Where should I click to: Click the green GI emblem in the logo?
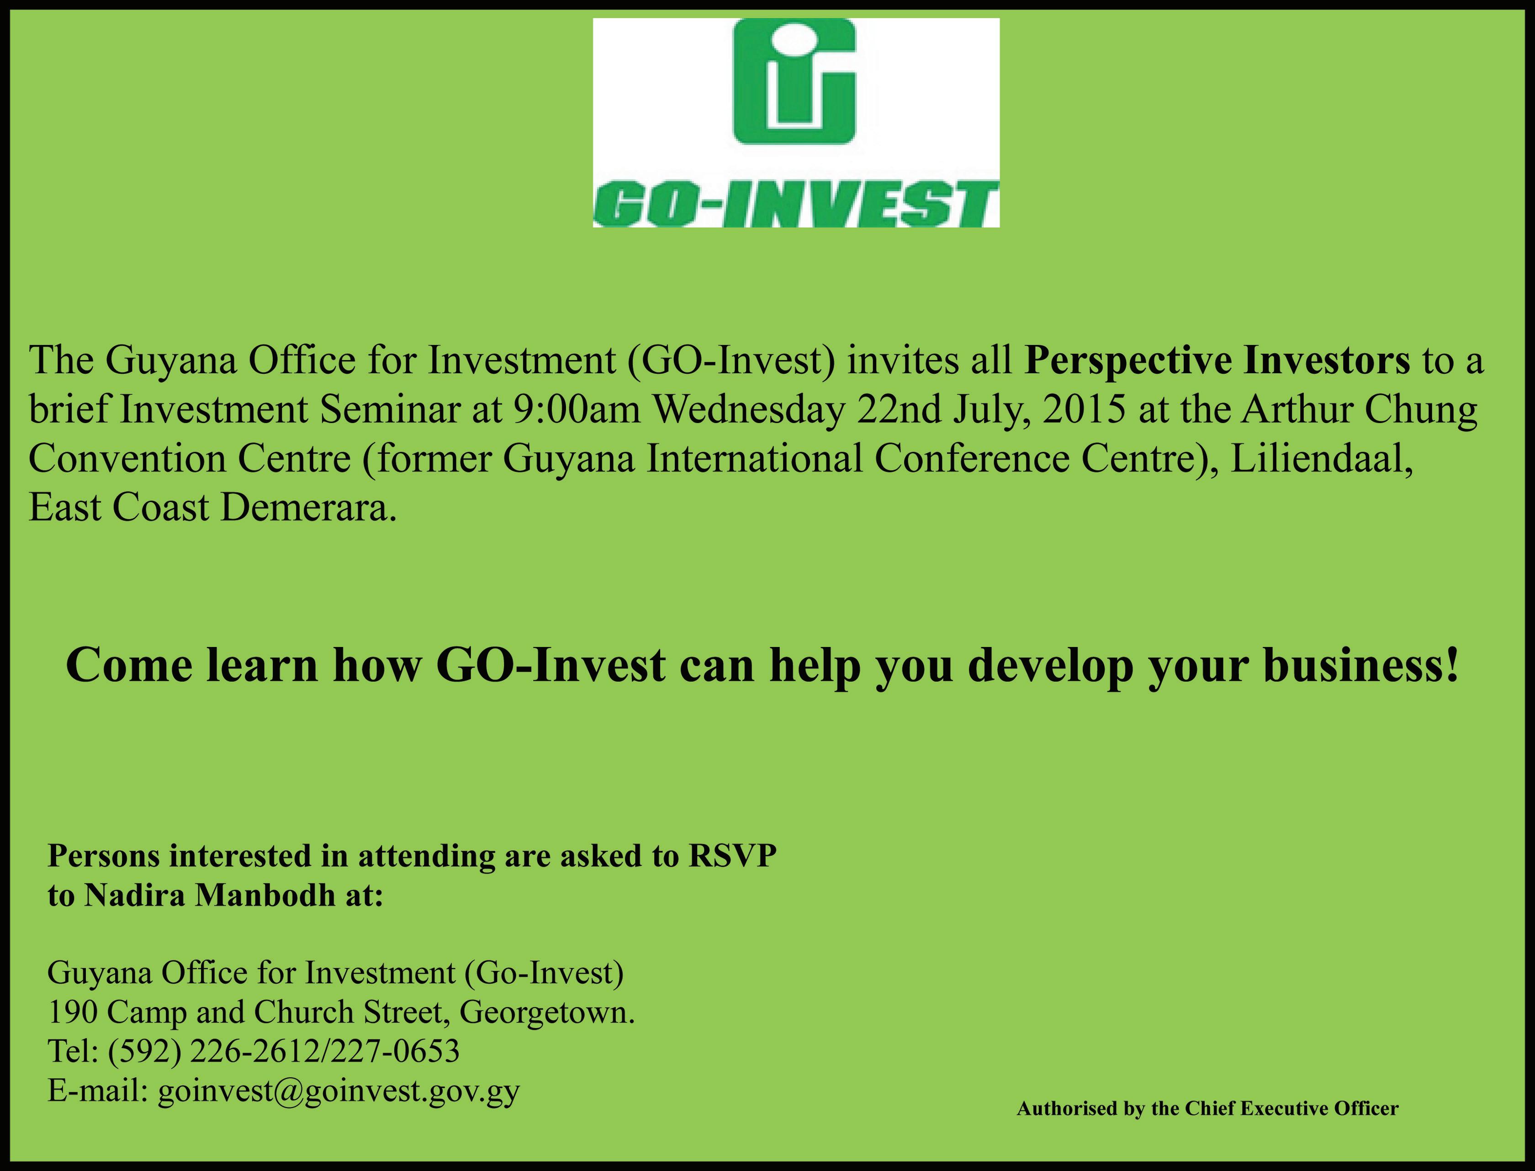(795, 82)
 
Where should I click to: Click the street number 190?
(73, 1012)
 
